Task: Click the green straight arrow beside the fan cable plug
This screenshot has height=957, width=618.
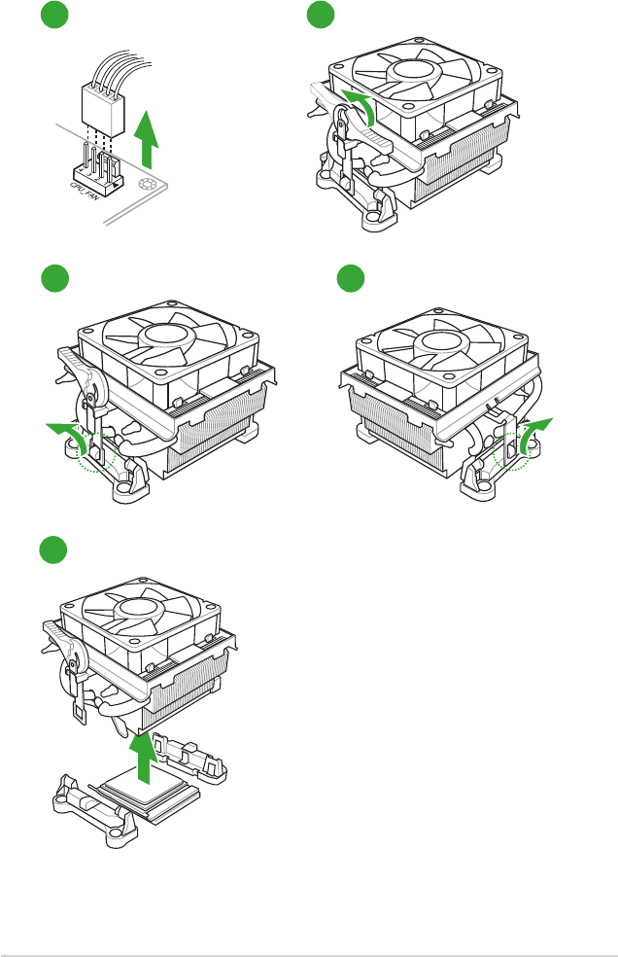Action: [147, 139]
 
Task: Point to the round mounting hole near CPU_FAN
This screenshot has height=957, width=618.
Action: [148, 187]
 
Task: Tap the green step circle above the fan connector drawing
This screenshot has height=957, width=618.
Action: [55, 16]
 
